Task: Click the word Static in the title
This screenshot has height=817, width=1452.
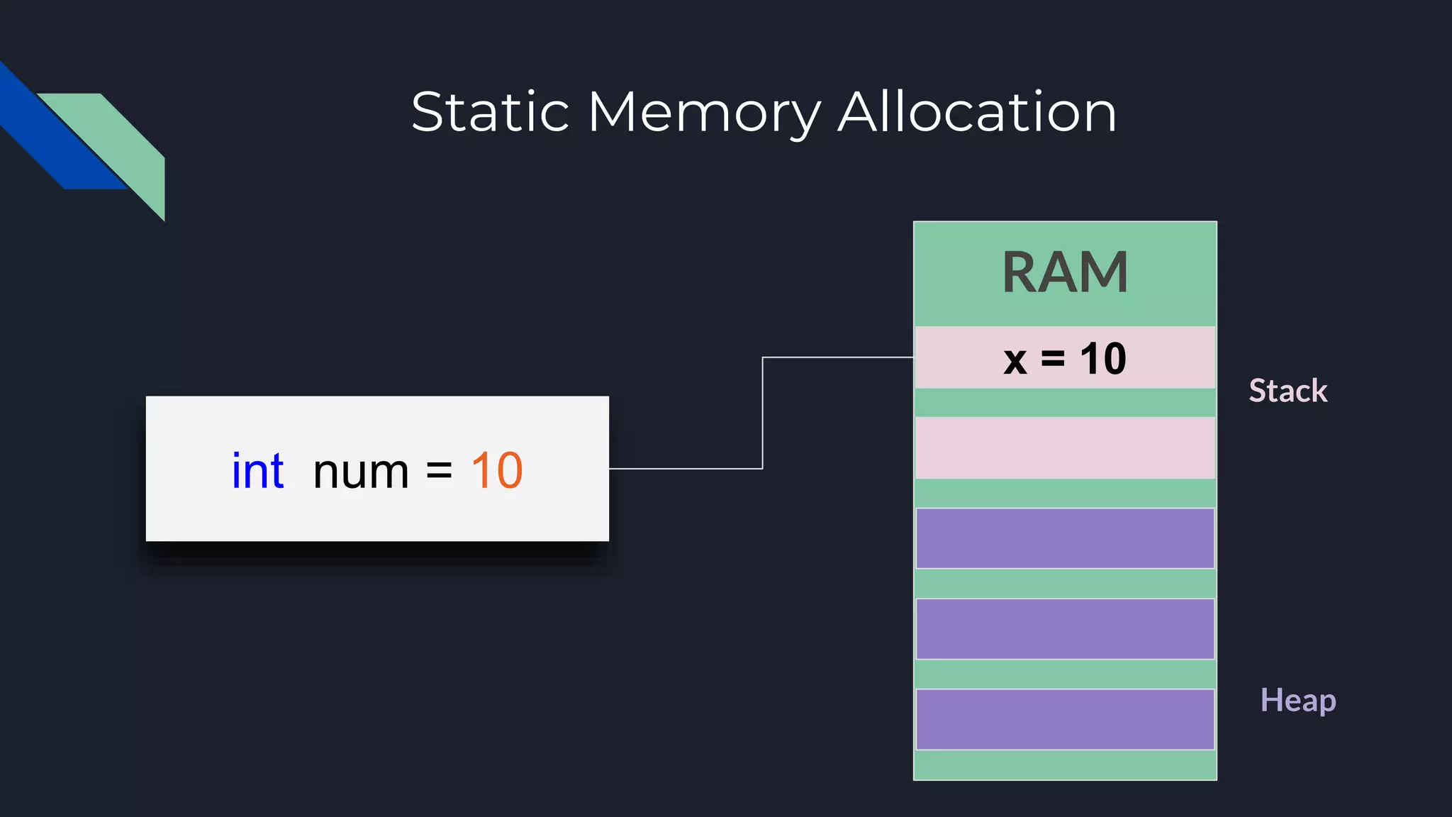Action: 490,112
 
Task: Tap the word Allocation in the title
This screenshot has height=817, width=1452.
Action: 977,112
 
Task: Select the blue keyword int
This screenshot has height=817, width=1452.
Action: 258,471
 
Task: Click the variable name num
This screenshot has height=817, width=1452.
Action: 361,472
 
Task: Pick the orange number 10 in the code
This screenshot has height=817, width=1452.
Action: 497,471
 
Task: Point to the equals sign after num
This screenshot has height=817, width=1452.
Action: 439,472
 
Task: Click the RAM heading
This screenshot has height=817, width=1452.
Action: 1065,272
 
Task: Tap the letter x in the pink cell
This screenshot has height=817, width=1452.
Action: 1015,360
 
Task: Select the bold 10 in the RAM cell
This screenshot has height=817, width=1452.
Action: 1103,359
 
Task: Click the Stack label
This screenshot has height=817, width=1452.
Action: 1288,391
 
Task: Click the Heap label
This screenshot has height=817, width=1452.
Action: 1297,701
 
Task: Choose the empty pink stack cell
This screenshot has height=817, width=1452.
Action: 1065,448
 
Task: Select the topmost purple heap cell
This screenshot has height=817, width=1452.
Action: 1065,538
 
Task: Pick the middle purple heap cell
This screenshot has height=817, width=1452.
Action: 1065,629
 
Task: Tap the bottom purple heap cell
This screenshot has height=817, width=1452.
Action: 1065,719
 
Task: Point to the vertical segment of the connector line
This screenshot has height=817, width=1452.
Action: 763,413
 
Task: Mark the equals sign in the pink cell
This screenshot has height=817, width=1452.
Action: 1053,359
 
